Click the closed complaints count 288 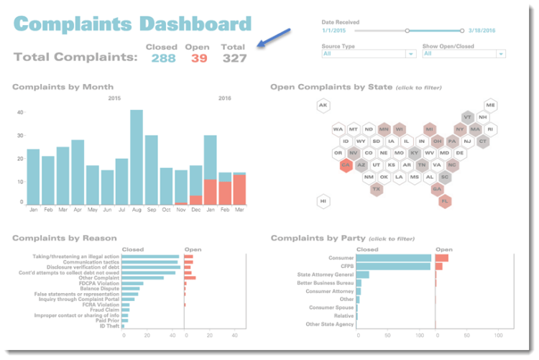[163, 58]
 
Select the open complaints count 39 [199, 58]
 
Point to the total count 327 [234, 58]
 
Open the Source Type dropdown [369, 54]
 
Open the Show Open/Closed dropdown [464, 54]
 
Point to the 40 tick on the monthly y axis [19, 113]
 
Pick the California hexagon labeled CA [345, 165]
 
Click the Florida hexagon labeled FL [446, 201]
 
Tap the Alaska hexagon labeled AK [323, 106]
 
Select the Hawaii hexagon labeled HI [323, 201]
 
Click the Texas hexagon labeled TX [376, 189]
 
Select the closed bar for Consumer [394, 258]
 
